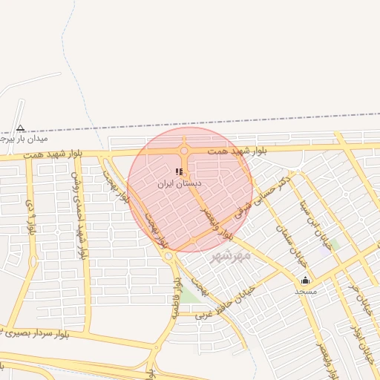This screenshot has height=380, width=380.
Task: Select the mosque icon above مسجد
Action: coord(306,280)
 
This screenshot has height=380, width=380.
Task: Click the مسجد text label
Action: coord(306,291)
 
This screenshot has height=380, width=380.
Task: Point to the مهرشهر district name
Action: coord(232,255)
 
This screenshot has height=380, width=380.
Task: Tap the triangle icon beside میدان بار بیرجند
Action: coord(20,128)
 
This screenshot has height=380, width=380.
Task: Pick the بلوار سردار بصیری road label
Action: coord(45,332)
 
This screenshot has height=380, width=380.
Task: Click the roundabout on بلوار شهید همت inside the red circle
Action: coord(183,151)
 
